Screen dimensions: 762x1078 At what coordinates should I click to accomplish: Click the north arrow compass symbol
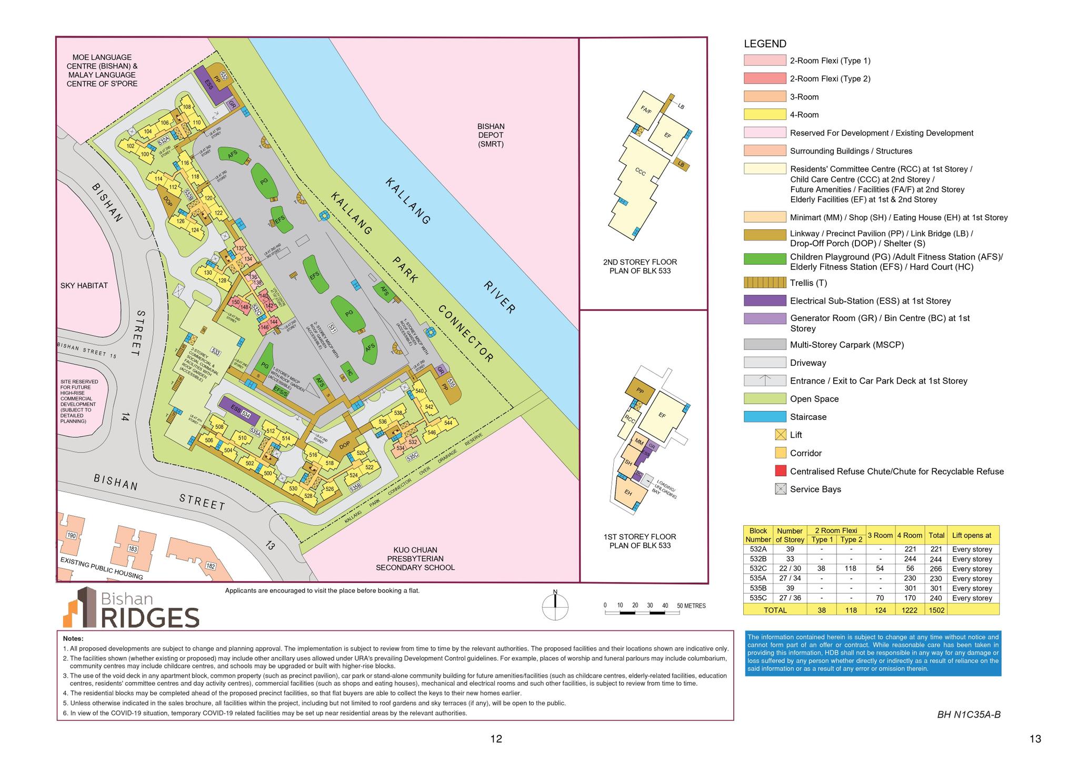click(555, 607)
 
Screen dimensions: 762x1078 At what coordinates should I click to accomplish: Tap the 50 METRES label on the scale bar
click(691, 606)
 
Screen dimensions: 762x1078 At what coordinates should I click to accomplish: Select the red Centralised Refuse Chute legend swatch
click(781, 471)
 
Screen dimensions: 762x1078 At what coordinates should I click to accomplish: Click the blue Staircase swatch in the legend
click(765, 417)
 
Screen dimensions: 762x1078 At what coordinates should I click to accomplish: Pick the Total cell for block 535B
click(936, 588)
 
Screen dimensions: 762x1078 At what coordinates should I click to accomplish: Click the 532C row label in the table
click(758, 569)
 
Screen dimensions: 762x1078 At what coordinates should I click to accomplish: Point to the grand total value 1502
click(936, 610)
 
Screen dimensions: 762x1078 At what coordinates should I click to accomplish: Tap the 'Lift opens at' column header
click(972, 535)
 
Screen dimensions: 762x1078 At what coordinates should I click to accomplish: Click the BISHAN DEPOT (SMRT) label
click(491, 135)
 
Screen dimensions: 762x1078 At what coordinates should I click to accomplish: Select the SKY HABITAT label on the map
click(84, 286)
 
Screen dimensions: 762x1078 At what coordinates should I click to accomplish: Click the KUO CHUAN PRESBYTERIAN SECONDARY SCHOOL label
click(415, 558)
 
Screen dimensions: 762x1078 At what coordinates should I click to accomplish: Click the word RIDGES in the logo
click(149, 617)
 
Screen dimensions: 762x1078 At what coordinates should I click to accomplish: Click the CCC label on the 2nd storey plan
click(640, 172)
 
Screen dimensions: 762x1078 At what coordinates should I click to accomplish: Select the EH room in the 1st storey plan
click(628, 493)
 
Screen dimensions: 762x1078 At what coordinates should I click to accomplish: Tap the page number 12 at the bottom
click(496, 739)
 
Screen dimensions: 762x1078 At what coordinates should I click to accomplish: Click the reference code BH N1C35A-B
click(969, 715)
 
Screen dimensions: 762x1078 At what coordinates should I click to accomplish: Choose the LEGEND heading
click(765, 44)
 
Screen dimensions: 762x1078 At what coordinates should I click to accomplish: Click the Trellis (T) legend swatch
click(765, 283)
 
